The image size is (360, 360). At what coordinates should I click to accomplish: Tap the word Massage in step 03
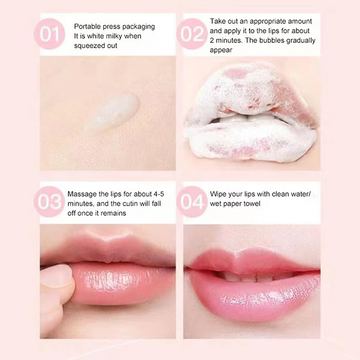coord(80,194)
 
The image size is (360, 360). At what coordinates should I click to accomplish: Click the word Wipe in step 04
coord(218,194)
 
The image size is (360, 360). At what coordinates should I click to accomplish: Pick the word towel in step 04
coord(265,204)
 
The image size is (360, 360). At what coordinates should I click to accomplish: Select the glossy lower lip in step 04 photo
coord(256,301)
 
